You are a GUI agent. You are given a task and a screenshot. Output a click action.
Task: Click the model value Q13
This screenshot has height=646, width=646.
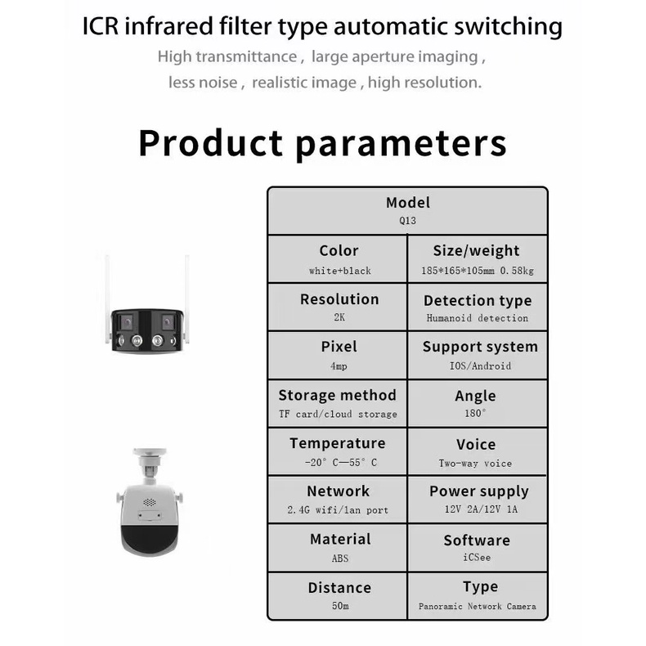tap(407, 220)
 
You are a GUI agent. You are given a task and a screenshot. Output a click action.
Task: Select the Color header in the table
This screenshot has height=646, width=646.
tap(339, 251)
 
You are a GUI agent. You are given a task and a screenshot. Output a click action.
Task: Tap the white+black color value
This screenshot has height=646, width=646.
tap(339, 271)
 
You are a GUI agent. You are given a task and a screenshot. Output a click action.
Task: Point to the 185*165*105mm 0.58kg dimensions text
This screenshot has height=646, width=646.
tap(478, 271)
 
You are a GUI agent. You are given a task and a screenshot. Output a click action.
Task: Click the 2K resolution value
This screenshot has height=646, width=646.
tap(339, 318)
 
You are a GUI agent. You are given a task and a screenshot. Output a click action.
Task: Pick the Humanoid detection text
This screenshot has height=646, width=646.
tap(478, 318)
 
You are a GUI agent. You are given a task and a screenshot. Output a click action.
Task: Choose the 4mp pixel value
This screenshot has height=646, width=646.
tap(339, 366)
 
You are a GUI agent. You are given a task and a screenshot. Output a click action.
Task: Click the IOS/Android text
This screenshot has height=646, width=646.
tap(480, 366)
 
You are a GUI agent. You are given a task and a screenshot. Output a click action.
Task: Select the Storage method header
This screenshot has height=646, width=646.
tap(337, 395)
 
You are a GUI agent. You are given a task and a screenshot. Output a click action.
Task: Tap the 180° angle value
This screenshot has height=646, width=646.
tap(476, 414)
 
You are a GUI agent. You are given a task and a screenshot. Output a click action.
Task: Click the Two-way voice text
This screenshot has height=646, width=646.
tap(476, 463)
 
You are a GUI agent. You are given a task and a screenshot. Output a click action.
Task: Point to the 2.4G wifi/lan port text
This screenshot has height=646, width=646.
tap(339, 510)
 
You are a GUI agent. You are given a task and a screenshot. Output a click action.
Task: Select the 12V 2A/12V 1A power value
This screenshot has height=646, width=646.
tap(479, 510)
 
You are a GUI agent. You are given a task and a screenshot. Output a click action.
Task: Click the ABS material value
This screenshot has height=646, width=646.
tap(339, 559)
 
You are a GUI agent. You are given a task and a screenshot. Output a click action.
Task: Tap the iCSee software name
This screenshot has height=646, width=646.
tap(477, 559)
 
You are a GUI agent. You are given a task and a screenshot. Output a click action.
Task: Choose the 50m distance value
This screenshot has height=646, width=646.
tap(339, 606)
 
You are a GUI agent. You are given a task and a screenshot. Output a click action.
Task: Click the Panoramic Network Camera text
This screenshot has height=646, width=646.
tap(478, 607)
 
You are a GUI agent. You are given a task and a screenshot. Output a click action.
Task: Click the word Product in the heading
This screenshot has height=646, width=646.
tap(211, 142)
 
